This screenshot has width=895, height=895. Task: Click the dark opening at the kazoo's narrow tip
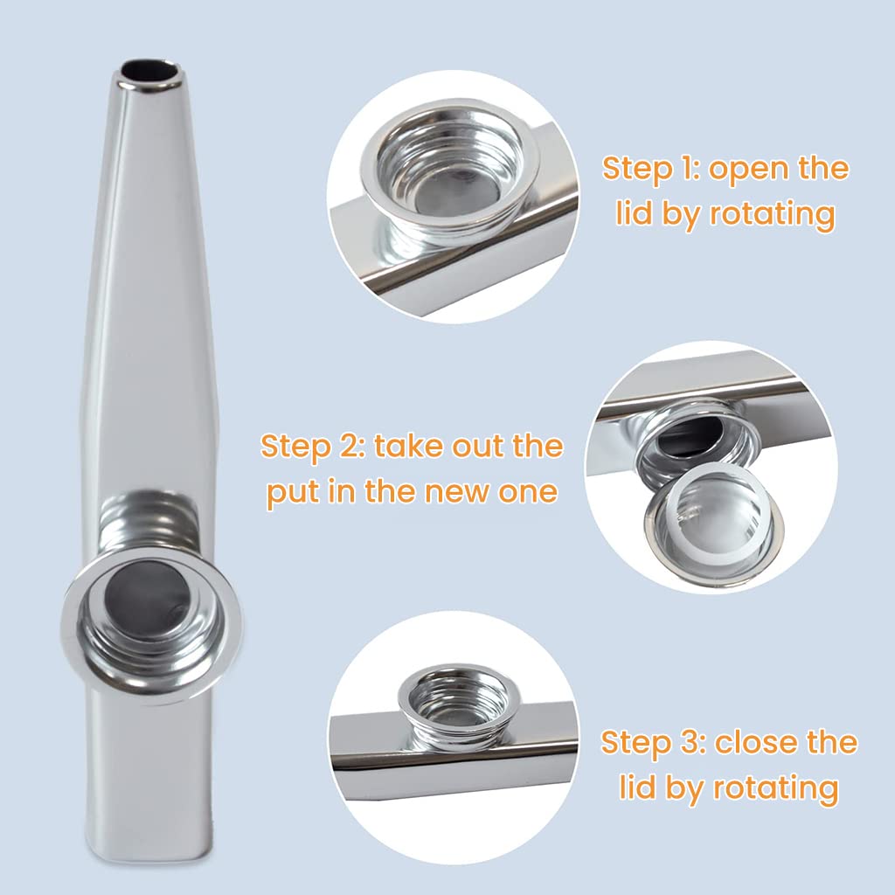click(152, 72)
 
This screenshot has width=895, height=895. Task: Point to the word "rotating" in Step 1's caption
click(773, 214)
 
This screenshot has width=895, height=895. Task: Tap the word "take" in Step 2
click(409, 446)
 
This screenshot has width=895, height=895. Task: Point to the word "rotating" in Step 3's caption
click(775, 789)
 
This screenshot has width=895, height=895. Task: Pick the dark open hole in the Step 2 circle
click(690, 436)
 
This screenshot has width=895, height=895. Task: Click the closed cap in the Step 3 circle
click(454, 705)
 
